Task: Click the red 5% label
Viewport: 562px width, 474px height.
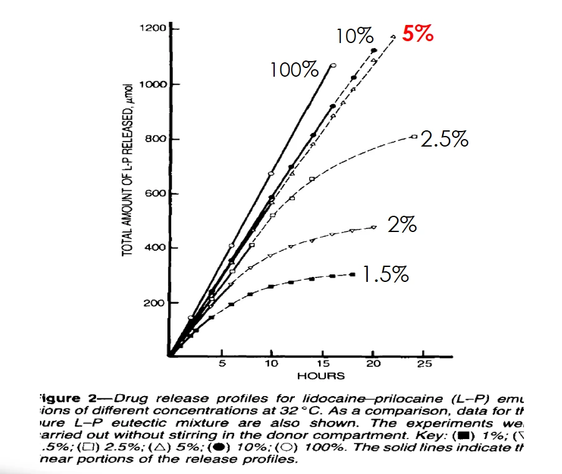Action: point(417,34)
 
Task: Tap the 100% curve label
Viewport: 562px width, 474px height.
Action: point(294,69)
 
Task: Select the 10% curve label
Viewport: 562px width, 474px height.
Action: point(354,37)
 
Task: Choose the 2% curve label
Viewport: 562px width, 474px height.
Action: point(402,224)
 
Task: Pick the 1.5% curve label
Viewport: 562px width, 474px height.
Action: point(386,274)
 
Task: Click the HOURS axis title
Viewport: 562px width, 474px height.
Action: point(320,375)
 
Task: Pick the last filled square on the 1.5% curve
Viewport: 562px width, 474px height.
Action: point(353,274)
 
